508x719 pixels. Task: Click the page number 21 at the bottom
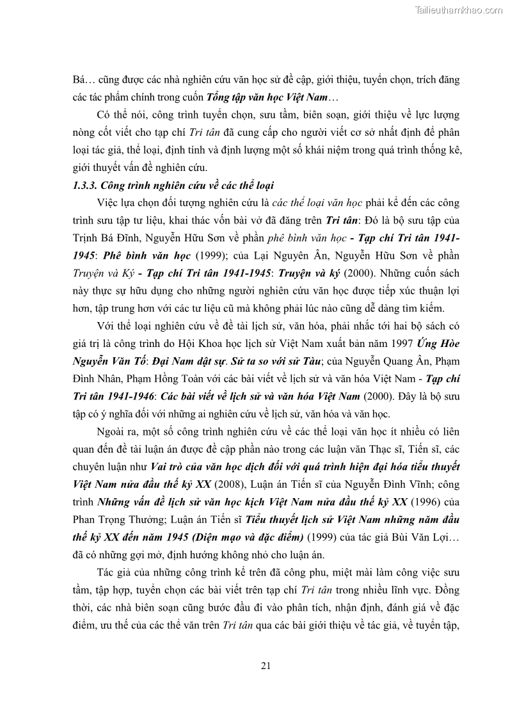click(x=266, y=665)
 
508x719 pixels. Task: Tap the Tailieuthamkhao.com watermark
click(x=459, y=10)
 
